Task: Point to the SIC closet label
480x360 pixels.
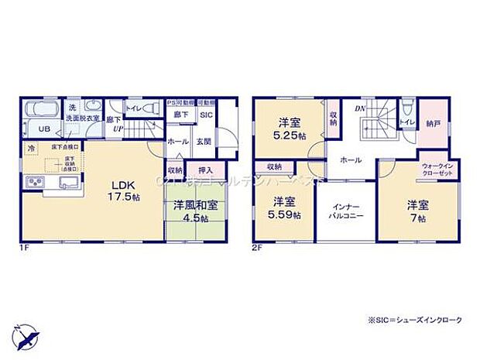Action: click(x=206, y=116)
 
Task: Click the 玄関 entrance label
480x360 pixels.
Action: click(x=203, y=142)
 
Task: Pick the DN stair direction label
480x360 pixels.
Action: click(x=360, y=109)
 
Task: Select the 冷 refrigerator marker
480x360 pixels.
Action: click(x=32, y=149)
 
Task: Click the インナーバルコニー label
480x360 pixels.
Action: click(x=345, y=213)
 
